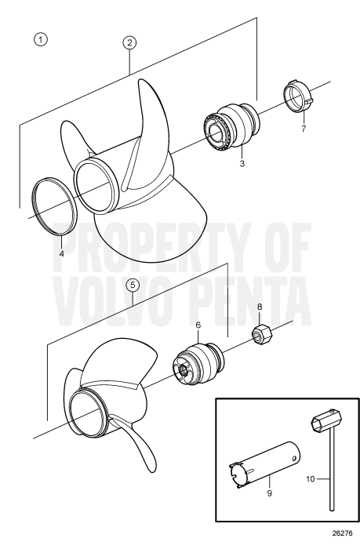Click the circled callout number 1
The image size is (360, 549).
coord(37,38)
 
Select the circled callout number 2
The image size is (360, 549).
coord(129,43)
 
